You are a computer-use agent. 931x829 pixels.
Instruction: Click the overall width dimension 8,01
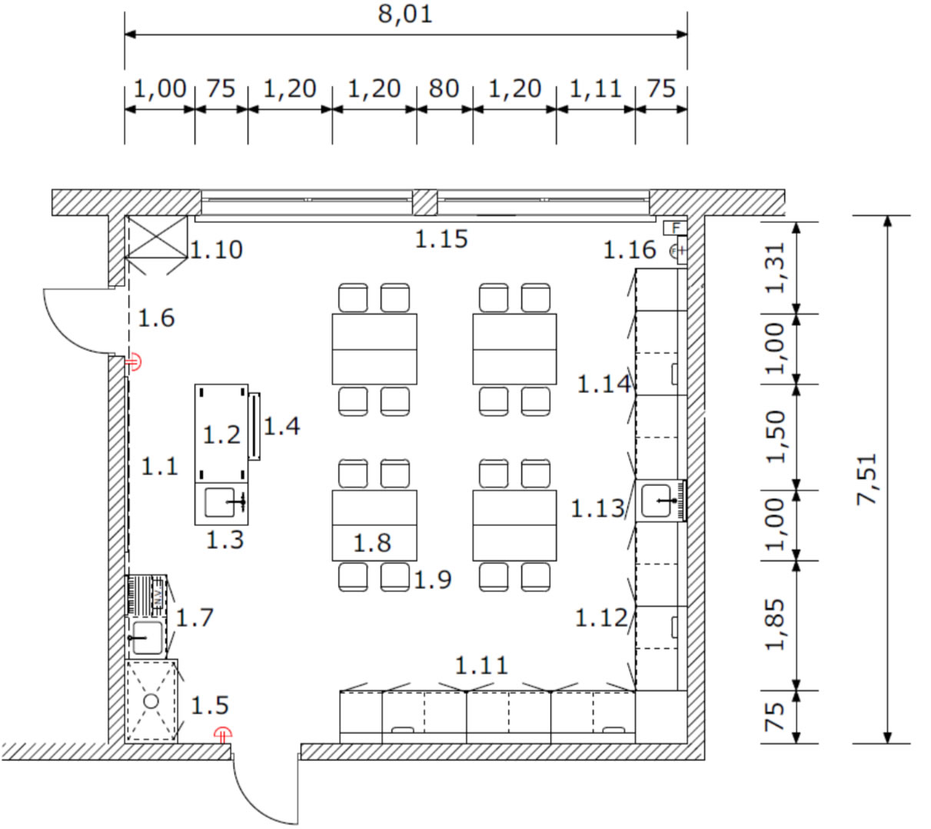[x=405, y=15]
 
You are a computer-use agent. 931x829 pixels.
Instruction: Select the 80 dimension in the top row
[x=444, y=88]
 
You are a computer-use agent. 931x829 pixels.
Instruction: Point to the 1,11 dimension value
[x=595, y=88]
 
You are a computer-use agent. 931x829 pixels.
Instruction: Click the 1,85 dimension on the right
[x=775, y=624]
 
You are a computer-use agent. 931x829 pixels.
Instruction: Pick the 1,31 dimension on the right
[x=775, y=268]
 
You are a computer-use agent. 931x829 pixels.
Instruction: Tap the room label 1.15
[x=441, y=240]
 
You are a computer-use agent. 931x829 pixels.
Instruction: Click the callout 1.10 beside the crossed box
[x=216, y=250]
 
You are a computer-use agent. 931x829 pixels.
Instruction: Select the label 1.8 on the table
[x=372, y=543]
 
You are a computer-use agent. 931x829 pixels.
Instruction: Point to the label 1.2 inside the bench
[x=221, y=434]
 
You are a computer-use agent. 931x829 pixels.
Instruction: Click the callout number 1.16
[x=629, y=250]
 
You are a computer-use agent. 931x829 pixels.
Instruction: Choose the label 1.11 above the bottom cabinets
[x=481, y=665]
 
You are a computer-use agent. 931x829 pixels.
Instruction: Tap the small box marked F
[x=675, y=228]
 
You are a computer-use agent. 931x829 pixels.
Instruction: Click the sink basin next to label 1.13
[x=657, y=501]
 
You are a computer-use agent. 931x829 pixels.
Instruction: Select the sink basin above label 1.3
[x=220, y=502]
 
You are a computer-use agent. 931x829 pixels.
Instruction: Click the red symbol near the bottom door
[x=223, y=734]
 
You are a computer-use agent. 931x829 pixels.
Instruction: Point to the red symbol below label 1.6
[x=133, y=362]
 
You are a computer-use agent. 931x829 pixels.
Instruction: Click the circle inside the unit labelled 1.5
[x=151, y=701]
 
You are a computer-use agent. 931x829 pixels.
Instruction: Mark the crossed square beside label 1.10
[x=156, y=237]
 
